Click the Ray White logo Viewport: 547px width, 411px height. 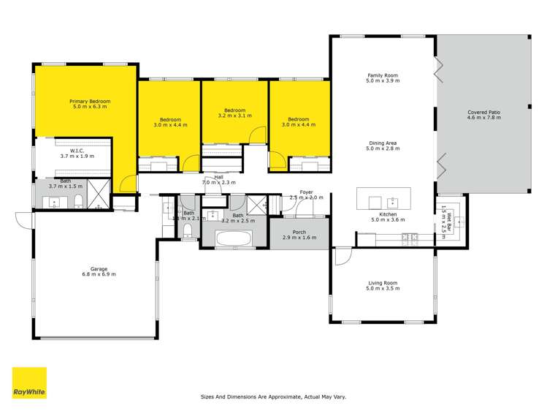click(x=29, y=382)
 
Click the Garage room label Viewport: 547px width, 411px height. click(x=95, y=270)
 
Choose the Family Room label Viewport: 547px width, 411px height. click(x=383, y=75)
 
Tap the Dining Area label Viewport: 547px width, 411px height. click(x=383, y=143)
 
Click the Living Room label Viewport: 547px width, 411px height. click(x=383, y=282)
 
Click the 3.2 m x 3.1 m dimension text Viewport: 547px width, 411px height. click(x=234, y=116)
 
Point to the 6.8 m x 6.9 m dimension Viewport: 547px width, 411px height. click(x=99, y=275)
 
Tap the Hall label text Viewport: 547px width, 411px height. click(x=218, y=177)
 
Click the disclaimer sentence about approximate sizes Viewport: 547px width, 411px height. click(x=273, y=396)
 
